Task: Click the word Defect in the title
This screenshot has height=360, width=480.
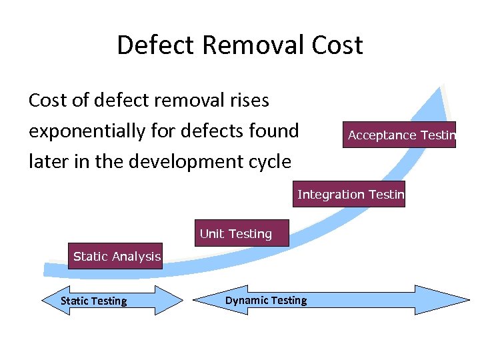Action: coord(155,45)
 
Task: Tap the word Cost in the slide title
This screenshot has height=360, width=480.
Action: coord(337,45)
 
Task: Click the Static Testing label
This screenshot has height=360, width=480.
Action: coord(93,301)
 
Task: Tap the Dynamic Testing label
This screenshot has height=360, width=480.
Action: coord(266,300)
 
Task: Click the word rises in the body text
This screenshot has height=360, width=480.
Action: coord(247,101)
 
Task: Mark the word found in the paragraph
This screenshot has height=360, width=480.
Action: coord(275,131)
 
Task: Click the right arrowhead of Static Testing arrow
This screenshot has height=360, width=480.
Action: coord(174,300)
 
